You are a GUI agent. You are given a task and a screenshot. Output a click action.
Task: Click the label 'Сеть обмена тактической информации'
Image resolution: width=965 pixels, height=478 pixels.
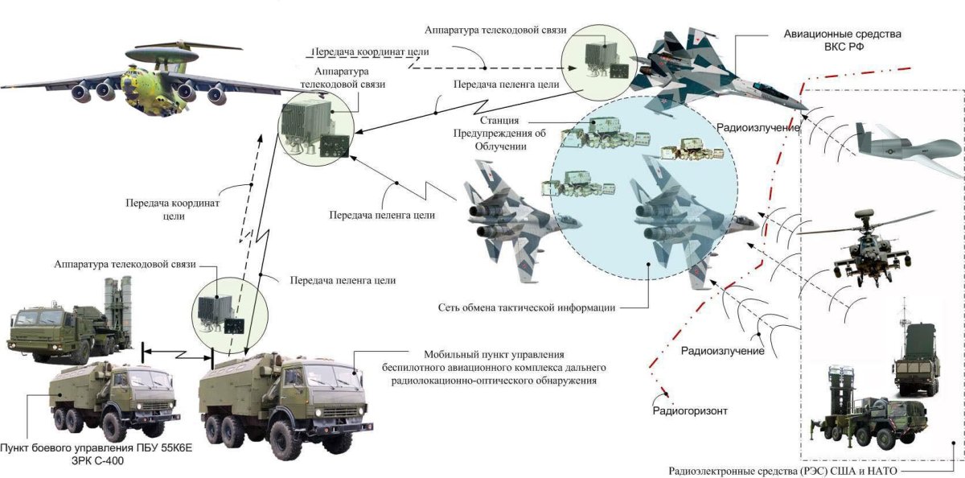coord(527,307)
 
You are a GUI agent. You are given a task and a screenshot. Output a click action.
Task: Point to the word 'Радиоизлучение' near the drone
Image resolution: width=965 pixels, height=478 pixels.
coord(759,127)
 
